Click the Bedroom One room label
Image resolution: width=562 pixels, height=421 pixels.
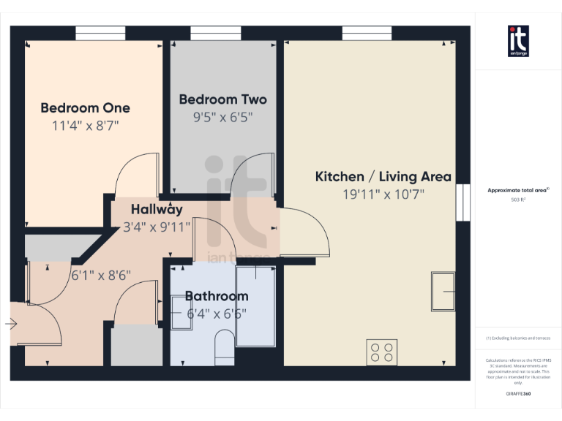click(x=85, y=108)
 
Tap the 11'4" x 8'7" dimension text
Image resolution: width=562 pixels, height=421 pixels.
click(x=85, y=126)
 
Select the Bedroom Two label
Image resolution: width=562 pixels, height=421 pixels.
click(x=222, y=99)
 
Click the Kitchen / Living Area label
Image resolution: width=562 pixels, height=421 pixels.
click(x=383, y=177)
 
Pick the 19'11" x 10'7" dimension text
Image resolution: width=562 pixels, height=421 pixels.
click(x=383, y=194)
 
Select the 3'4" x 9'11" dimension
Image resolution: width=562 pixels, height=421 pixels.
click(x=157, y=227)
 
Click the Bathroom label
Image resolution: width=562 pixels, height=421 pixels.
click(x=216, y=296)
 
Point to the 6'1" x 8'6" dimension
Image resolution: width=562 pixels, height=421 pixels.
click(x=101, y=276)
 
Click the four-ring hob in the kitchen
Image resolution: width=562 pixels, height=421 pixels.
click(x=381, y=352)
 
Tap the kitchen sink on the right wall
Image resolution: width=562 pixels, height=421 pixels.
click(x=443, y=292)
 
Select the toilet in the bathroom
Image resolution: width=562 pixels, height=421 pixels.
click(x=225, y=346)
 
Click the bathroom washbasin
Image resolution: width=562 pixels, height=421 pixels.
click(x=181, y=313)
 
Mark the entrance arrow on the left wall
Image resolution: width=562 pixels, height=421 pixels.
click(x=11, y=323)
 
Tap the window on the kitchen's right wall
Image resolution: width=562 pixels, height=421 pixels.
click(x=462, y=202)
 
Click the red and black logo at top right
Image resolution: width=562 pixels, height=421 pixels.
click(x=518, y=41)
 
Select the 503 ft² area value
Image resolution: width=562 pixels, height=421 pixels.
click(x=518, y=198)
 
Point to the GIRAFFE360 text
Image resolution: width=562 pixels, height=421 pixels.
click(x=518, y=393)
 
